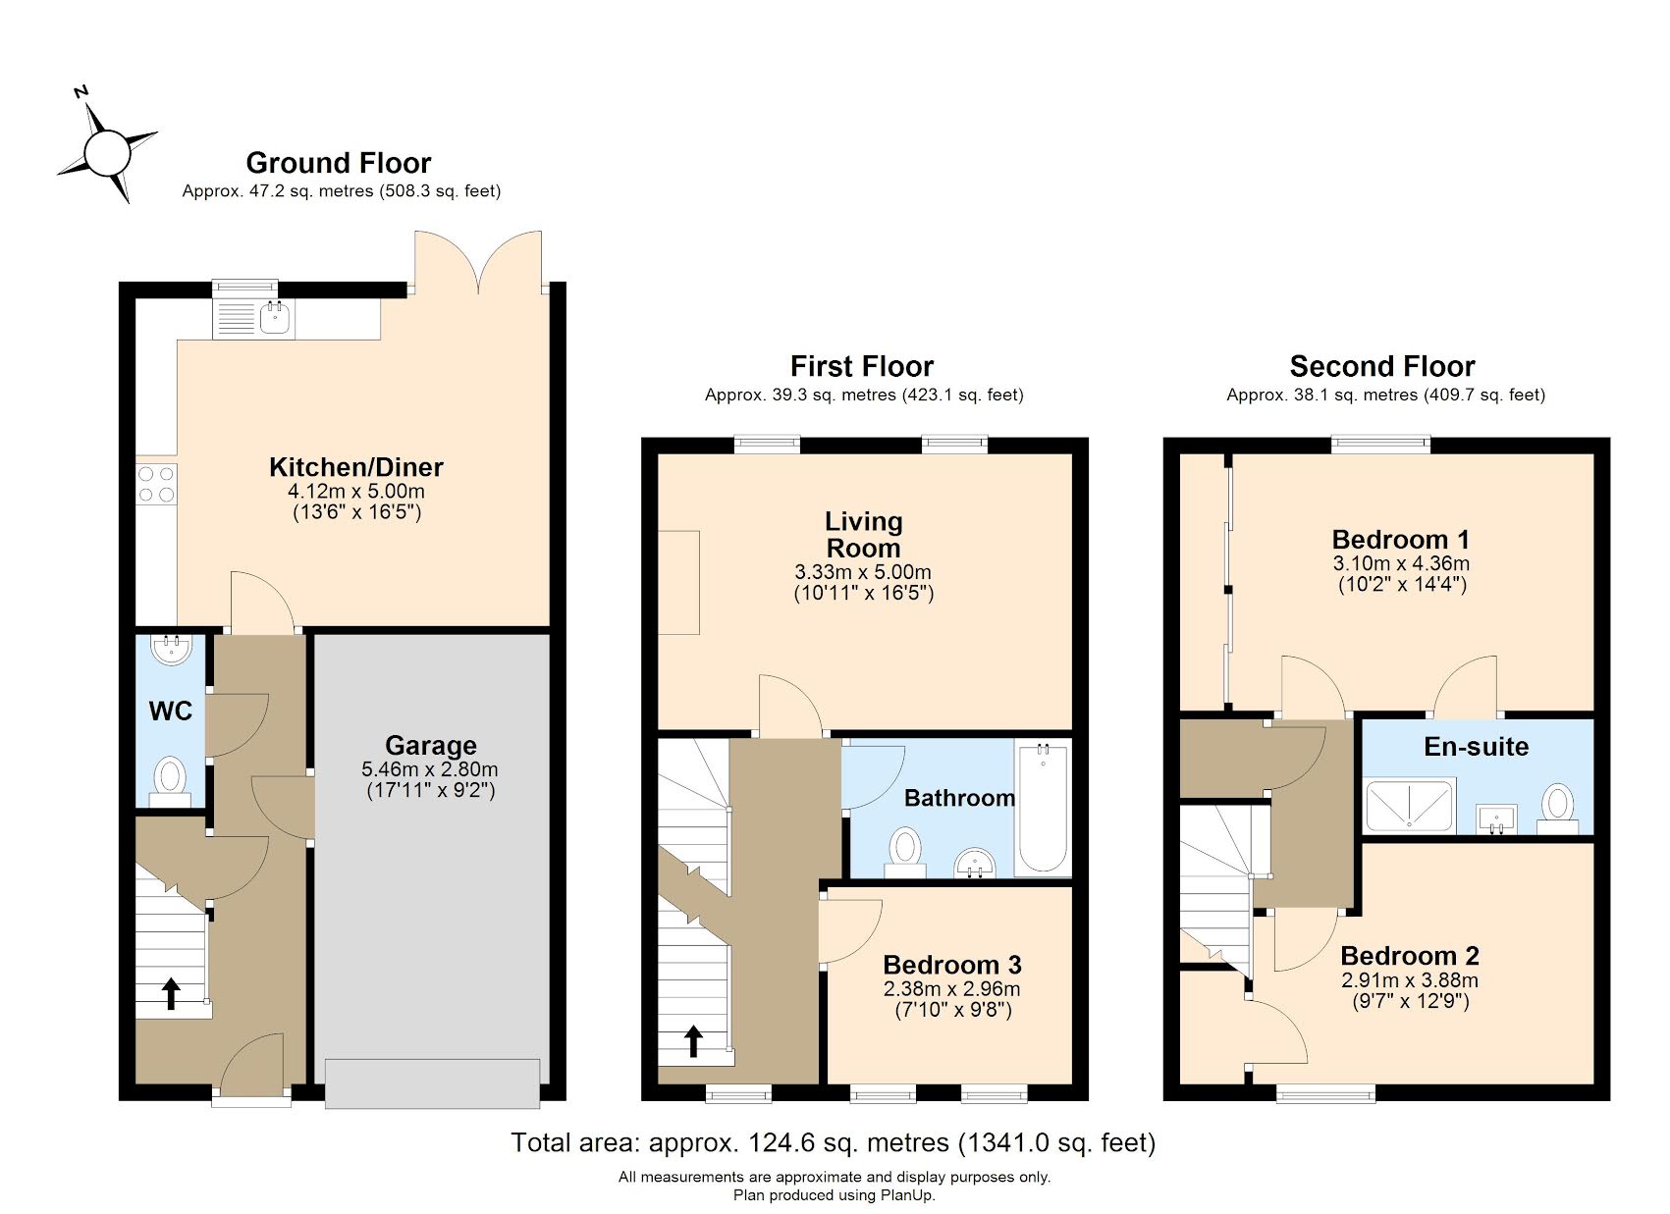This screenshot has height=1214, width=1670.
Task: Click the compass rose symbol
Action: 107,154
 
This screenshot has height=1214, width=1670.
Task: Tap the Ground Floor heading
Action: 338,163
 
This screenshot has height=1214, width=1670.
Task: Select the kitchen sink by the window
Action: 274,316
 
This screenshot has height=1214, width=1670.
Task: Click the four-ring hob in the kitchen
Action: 156,484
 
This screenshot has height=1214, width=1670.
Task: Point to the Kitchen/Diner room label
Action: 356,467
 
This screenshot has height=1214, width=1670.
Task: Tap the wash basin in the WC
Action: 174,650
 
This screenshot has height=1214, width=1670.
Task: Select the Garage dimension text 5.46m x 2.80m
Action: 429,769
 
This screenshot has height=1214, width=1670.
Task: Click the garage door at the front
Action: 432,1083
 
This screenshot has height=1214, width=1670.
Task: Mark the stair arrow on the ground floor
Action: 171,993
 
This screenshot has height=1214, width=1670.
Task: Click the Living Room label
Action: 863,535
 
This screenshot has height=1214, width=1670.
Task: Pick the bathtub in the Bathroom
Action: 1043,809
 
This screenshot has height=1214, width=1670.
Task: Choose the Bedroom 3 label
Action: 951,965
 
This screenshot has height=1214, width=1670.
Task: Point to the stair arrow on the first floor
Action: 693,1040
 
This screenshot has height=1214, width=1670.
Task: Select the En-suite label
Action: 1476,747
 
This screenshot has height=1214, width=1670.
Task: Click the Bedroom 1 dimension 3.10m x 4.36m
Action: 1400,563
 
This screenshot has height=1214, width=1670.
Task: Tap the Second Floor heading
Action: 1381,367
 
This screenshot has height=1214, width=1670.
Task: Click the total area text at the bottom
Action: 833,1142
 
